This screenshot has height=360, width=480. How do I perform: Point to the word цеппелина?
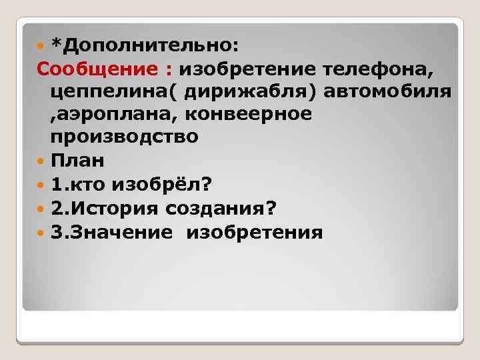coord(111,91)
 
